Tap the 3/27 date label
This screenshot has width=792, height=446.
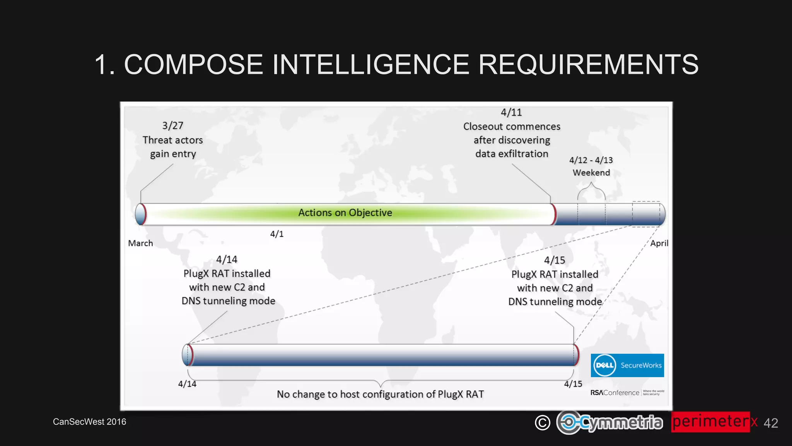pos(172,126)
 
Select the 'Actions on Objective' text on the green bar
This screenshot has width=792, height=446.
pos(345,213)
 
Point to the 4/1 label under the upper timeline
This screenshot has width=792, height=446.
pos(277,234)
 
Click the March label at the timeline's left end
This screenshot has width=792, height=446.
pos(140,243)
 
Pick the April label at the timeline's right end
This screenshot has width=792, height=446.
pos(659,243)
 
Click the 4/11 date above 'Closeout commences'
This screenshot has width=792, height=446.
pos(511,112)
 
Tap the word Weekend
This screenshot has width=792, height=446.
pos(591,173)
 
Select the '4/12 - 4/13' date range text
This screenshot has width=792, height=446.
pos(591,160)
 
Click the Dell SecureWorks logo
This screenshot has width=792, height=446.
pos(627,365)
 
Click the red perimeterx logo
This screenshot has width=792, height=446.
pos(714,422)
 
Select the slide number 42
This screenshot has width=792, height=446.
pos(770,423)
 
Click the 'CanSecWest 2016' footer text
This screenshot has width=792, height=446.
pos(89,422)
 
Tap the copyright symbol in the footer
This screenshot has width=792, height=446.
pos(542,423)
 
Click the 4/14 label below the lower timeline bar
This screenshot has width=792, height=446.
pos(187,384)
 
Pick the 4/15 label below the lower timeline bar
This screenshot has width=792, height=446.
pos(573,384)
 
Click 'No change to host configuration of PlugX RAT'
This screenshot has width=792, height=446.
pos(380,394)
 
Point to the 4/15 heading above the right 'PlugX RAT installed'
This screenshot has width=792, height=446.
pos(554,260)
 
